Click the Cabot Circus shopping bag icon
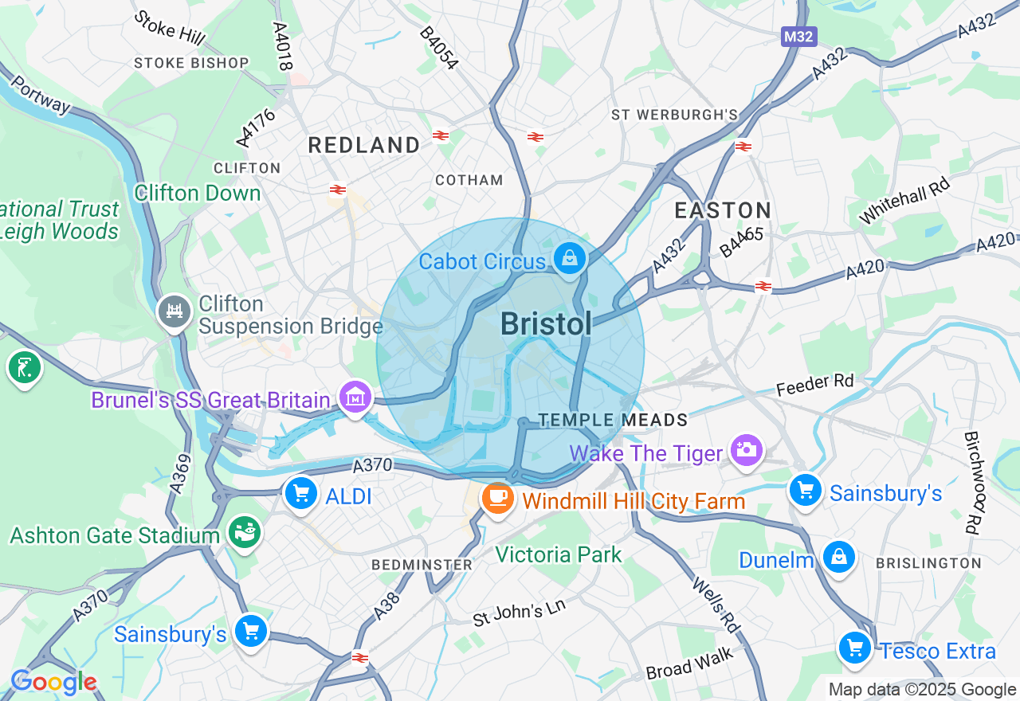click(570, 259)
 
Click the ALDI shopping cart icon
click(301, 494)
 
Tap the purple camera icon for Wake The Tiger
click(746, 449)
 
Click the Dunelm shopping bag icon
click(839, 557)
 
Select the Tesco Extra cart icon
click(855, 648)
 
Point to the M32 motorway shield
click(799, 37)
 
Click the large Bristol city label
click(547, 324)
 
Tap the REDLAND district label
click(364, 145)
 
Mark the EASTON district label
click(723, 210)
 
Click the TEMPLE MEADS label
click(613, 420)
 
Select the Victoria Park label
click(558, 554)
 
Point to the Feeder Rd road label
click(815, 385)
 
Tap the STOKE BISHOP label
click(191, 63)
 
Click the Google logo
click(53, 682)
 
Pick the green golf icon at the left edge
click(24, 368)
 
